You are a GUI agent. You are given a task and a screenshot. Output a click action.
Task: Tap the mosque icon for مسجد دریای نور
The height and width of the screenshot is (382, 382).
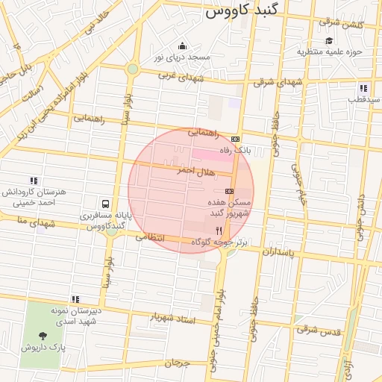tap(183, 46)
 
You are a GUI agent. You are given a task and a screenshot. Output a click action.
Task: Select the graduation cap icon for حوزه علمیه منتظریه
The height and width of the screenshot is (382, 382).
tap(329, 40)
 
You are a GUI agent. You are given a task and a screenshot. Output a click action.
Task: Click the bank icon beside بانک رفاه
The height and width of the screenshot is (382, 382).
tap(236, 139)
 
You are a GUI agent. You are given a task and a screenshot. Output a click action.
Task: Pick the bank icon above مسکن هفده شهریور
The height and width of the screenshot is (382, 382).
tap(229, 191)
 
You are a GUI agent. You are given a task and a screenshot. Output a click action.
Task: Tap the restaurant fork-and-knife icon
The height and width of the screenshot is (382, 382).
tap(219, 231)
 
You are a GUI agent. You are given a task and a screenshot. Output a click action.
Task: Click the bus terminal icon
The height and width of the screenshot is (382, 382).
tap(105, 203)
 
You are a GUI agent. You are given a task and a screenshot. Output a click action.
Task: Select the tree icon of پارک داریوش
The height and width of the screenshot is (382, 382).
tap(42, 335)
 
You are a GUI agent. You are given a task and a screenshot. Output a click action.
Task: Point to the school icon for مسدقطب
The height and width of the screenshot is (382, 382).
tap(363, 87)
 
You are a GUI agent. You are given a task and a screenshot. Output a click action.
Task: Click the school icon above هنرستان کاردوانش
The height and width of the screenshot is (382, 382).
tap(33, 181)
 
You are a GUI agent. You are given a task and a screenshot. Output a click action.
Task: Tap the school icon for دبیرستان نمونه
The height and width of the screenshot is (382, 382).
tap(75, 298)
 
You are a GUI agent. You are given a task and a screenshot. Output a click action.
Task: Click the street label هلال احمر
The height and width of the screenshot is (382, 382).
tap(195, 171)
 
